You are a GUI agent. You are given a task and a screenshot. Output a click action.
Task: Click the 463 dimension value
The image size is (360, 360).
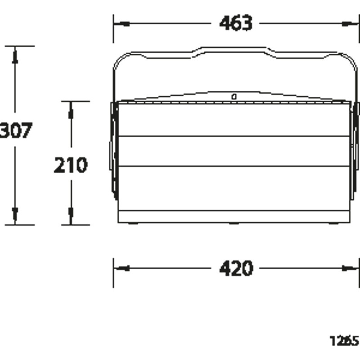pos(236,23)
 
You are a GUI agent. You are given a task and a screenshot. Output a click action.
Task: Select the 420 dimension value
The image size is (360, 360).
pos(236,268)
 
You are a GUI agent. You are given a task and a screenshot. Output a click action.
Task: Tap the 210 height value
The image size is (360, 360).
pos(71,165)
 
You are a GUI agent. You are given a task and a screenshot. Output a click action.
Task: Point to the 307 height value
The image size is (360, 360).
pos(16,130)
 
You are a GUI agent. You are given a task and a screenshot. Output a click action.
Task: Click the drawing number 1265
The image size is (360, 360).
pos(344,341)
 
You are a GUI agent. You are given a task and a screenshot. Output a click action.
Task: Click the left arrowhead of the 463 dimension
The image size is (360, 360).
pos(122,24)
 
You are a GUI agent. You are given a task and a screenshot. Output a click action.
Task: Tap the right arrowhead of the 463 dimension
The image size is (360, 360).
pos(350,24)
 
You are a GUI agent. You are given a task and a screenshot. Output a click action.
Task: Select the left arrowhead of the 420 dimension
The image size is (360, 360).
pos(122,268)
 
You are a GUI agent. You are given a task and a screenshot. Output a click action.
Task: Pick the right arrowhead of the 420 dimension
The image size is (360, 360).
pos(350,268)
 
